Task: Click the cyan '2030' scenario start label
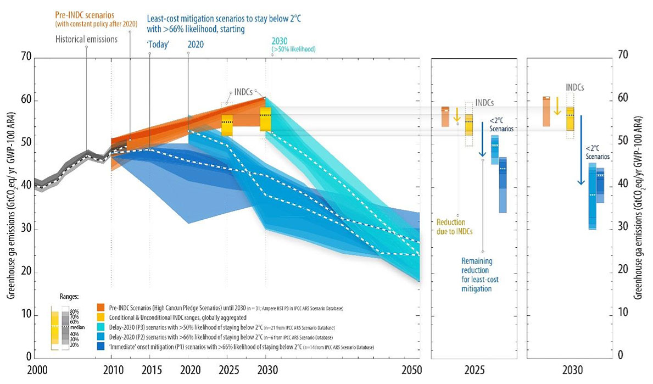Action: click(280, 42)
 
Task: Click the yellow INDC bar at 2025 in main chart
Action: click(227, 125)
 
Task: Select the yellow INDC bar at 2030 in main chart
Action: click(266, 119)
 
